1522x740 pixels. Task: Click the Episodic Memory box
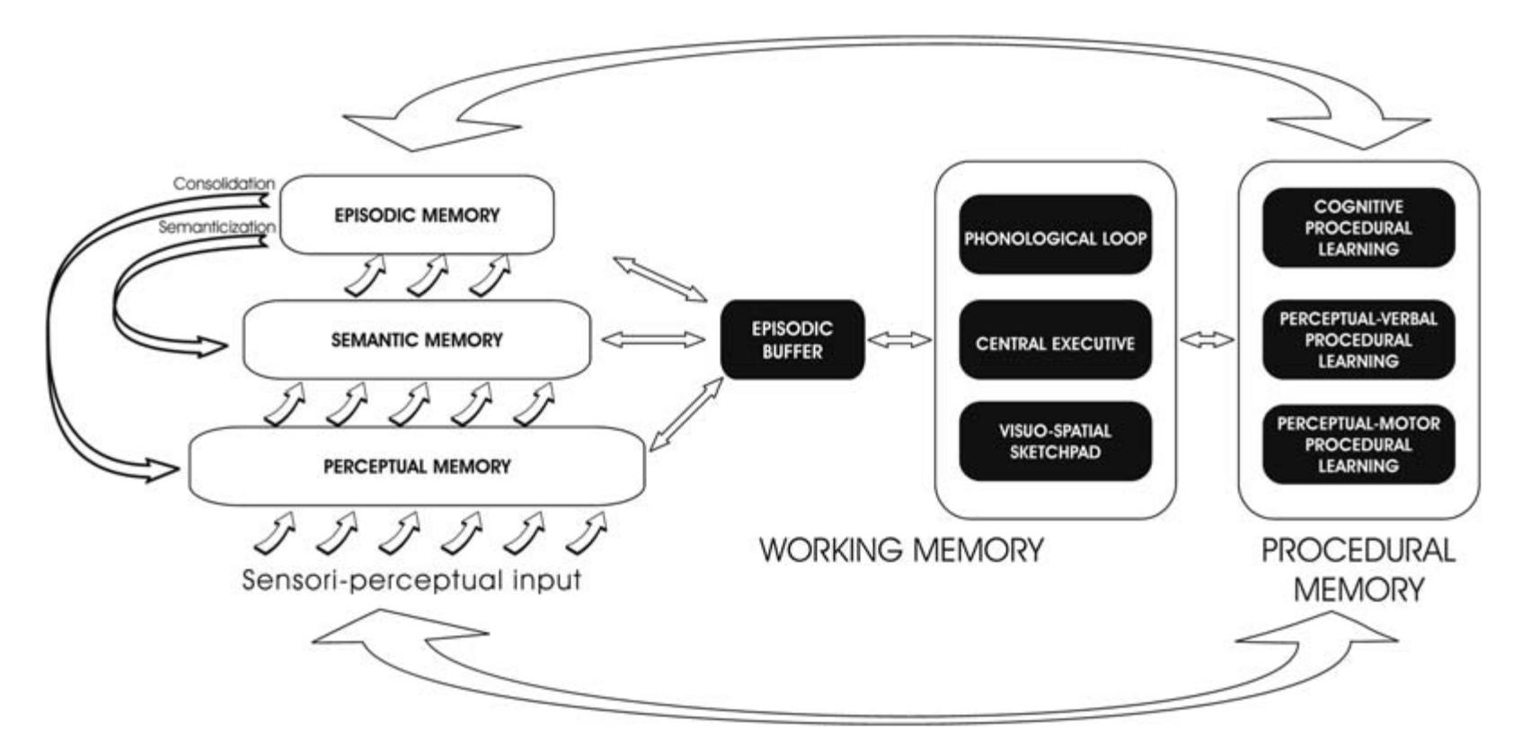(416, 216)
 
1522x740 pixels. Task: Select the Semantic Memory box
(416, 340)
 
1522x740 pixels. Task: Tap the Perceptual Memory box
(416, 467)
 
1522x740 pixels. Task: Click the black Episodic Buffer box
(792, 340)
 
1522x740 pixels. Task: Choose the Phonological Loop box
(1055, 239)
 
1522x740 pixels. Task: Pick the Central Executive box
(1055, 343)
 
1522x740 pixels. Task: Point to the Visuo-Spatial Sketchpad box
(1055, 441)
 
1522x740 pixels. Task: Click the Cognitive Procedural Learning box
(1358, 227)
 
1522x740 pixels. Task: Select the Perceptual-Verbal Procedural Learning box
(1358, 340)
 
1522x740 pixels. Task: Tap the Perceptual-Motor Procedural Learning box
(1358, 444)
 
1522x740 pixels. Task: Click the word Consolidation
(224, 183)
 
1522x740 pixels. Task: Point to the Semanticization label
(217, 227)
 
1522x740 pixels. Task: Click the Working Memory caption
(901, 549)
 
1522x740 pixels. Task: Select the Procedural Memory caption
(1358, 570)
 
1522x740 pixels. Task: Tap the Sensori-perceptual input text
(411, 580)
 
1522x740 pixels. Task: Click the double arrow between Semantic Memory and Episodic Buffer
(653, 340)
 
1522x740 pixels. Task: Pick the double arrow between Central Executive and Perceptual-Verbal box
(1207, 340)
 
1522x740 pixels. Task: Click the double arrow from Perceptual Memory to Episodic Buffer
(686, 414)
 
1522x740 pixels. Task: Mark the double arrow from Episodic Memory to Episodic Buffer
(659, 279)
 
